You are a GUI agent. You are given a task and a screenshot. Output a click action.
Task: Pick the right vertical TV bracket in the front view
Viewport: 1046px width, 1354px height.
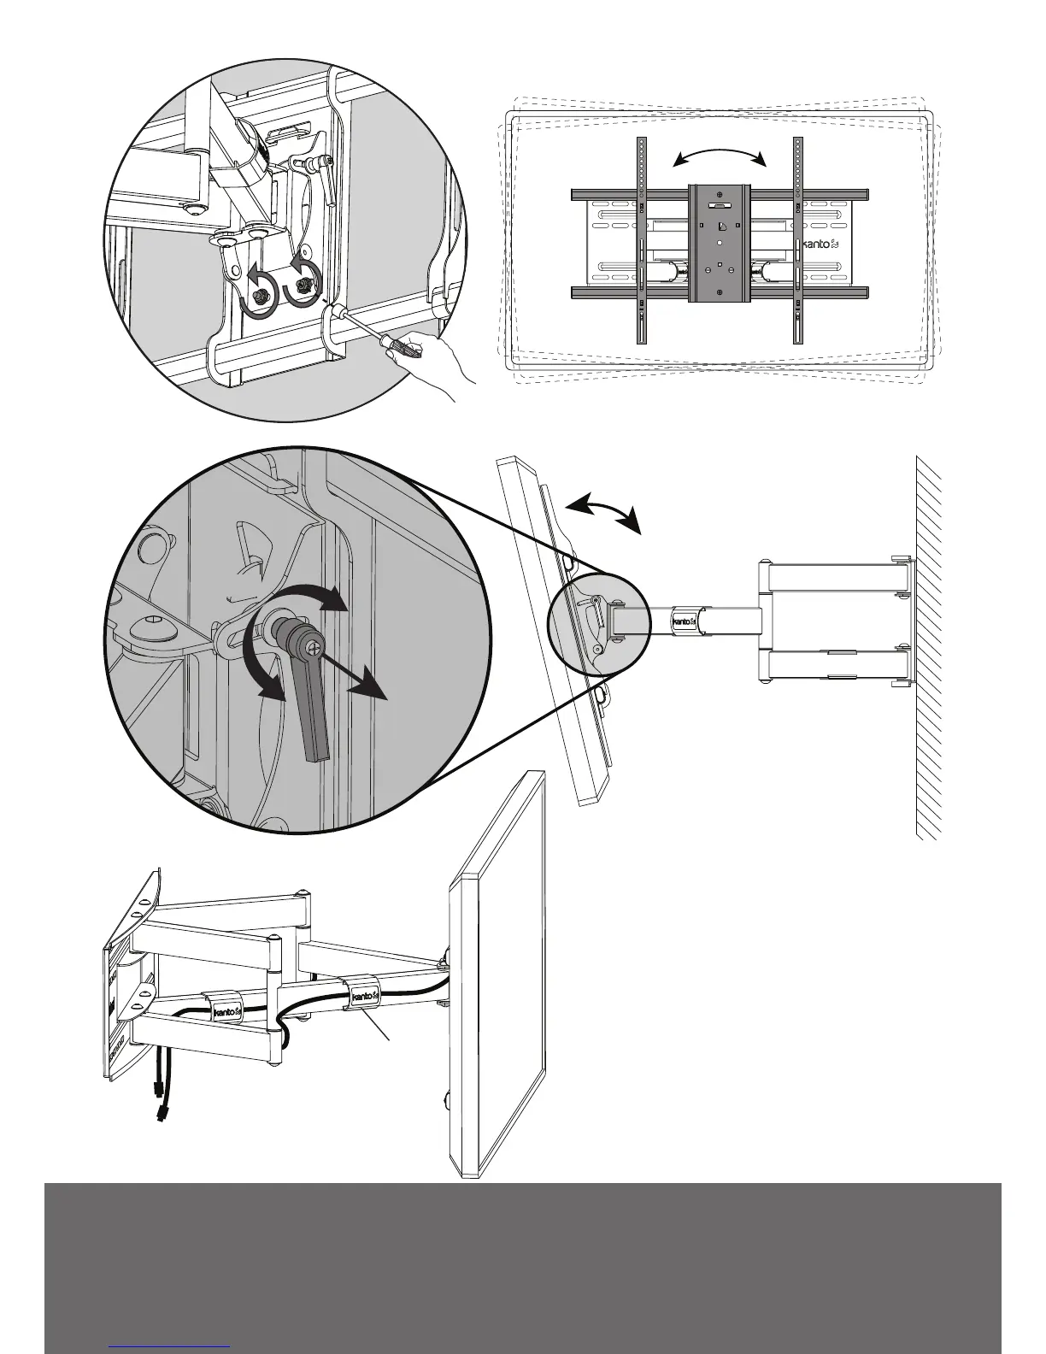coord(797,240)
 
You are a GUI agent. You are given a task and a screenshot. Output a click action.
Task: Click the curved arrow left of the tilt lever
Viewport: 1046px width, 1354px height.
coord(261,667)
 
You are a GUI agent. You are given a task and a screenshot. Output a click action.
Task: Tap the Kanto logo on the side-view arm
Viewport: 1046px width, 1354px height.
coord(685,621)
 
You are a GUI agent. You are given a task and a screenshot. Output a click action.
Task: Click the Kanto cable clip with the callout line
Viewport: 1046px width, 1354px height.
coord(362,995)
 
